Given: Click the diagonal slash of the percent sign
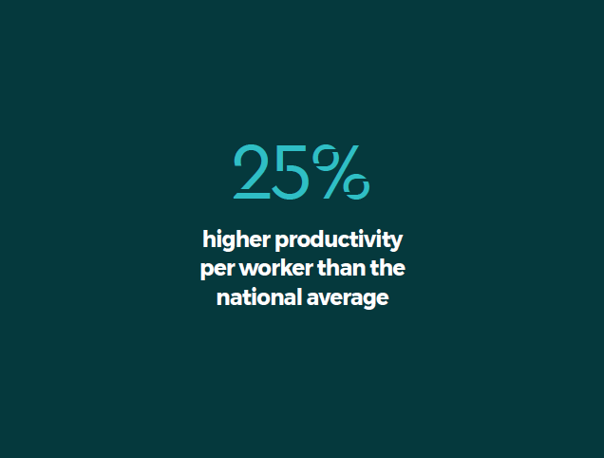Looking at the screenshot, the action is tap(341, 172).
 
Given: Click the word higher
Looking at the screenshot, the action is tap(236, 240).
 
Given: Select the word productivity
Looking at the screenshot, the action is tap(339, 240).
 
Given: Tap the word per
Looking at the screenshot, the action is tap(217, 269).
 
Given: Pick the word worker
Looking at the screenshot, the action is tap(276, 268).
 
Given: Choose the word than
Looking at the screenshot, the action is tap(342, 268).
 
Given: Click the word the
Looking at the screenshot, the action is tap(387, 268).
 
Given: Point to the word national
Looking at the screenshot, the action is tap(259, 297).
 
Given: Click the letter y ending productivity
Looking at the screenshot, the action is tap(396, 242).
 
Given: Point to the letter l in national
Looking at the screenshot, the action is tap(298, 297).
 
